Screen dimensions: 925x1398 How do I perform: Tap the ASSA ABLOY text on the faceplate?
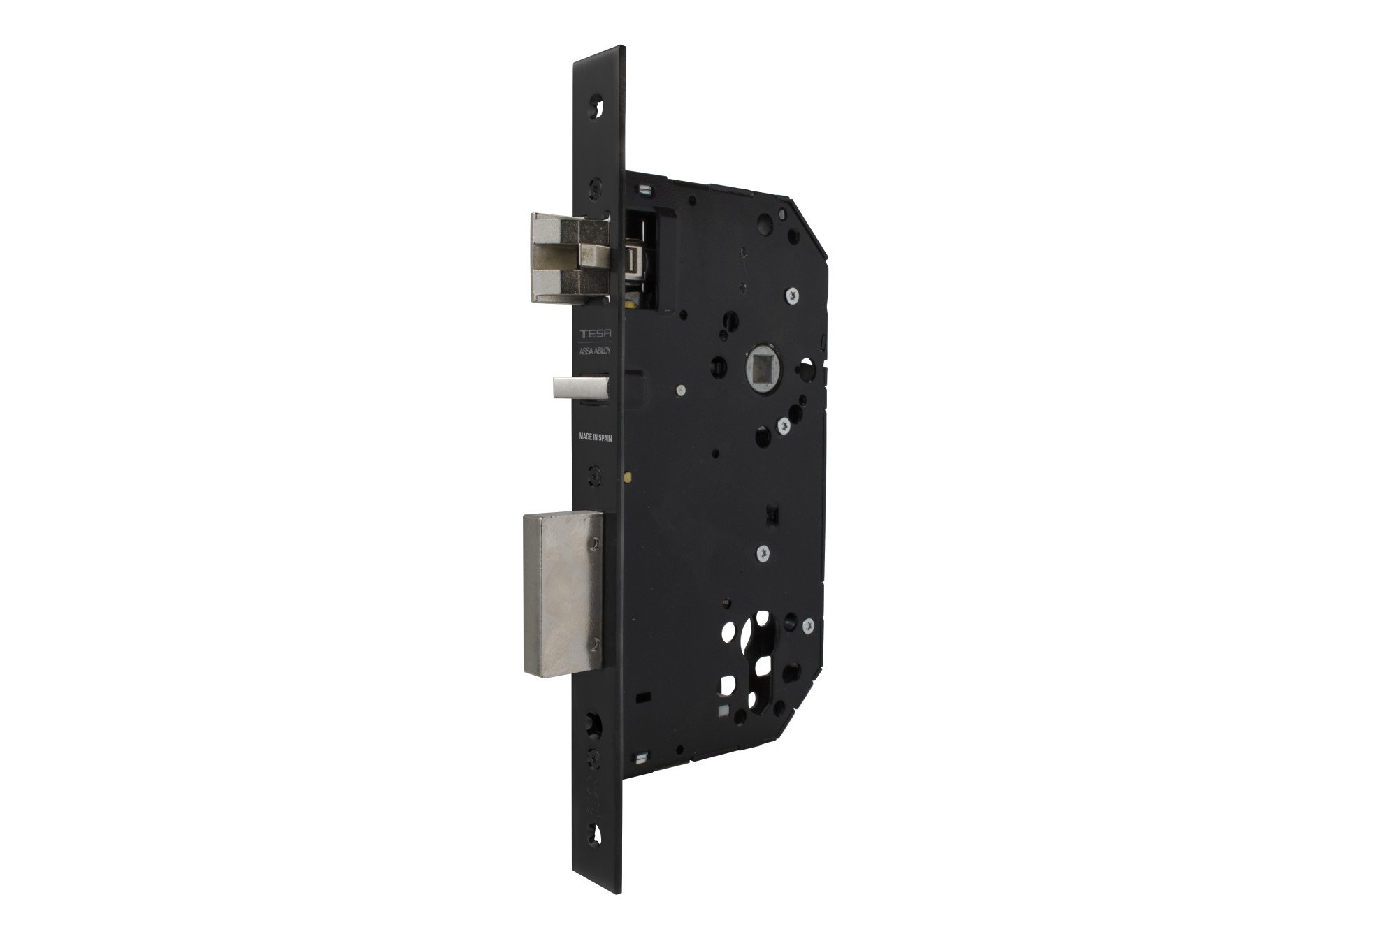pos(594,353)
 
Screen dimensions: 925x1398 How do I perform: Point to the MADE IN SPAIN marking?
pos(595,438)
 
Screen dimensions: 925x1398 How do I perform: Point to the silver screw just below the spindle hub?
pos(784,423)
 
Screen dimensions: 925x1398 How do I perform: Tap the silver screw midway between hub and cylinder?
pos(764,553)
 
